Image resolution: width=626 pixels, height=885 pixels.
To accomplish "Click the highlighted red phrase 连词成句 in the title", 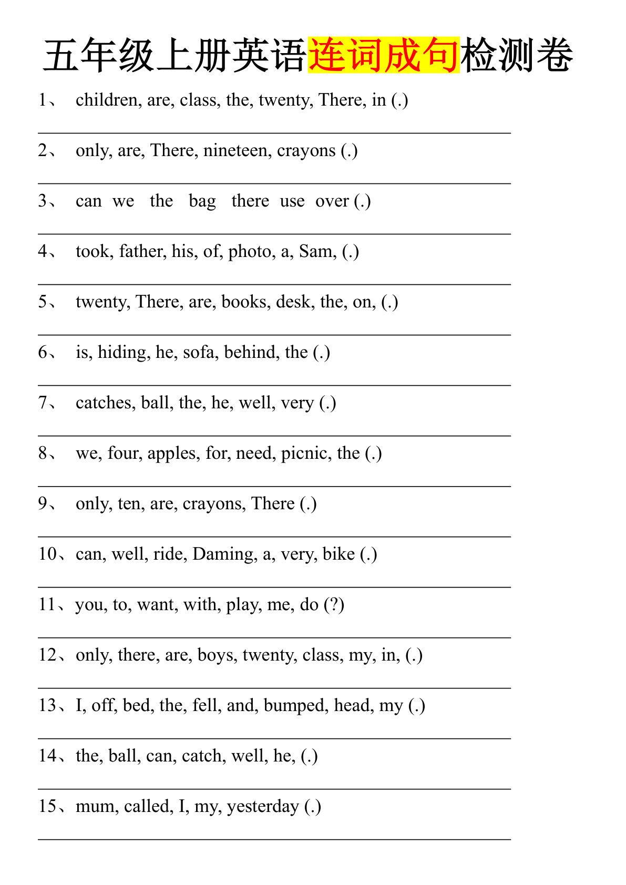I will click(384, 55).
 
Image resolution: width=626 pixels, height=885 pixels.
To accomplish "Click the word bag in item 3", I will click(202, 201).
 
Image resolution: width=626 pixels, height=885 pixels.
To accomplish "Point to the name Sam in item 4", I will click(317, 251).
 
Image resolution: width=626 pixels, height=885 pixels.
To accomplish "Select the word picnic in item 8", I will click(304, 453).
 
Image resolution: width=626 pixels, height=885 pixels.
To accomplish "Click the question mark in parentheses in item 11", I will click(334, 604).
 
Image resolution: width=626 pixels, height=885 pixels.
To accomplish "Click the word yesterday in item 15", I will click(262, 807).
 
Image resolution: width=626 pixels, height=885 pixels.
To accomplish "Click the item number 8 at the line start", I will click(43, 453).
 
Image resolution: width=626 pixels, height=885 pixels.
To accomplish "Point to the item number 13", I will click(47, 705).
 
